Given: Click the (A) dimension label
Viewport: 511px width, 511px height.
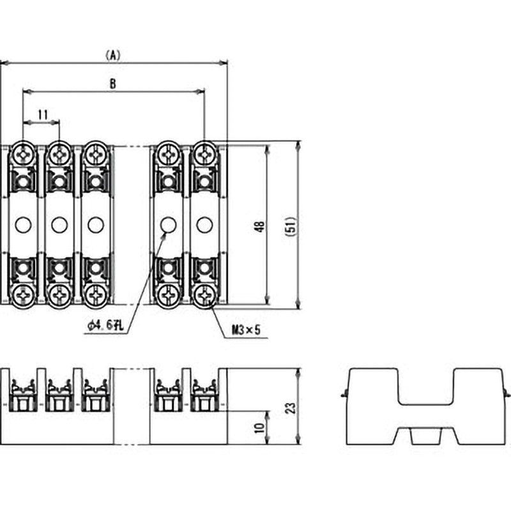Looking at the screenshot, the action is tap(113, 56).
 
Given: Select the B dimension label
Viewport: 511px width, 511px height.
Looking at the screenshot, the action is tap(113, 84).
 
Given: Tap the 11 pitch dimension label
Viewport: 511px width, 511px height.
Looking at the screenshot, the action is tap(43, 115).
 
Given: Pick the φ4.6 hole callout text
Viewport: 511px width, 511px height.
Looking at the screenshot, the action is tap(106, 325).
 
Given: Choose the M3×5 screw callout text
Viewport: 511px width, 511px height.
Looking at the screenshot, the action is tap(246, 330).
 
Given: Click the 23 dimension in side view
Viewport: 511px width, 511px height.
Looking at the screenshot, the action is tap(291, 408).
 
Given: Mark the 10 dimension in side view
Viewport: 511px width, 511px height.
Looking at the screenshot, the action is tap(260, 427).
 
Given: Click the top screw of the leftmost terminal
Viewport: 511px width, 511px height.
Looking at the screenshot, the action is tap(23, 154).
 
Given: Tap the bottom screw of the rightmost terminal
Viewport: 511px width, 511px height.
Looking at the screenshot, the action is tap(204, 296).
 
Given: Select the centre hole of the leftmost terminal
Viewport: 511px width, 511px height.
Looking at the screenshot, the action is tap(23, 225).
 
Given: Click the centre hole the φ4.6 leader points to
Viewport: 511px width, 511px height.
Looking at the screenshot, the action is tap(168, 225).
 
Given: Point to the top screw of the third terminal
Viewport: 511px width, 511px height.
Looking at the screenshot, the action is tap(95, 154).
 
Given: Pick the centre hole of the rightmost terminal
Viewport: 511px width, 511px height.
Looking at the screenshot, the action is tap(204, 225).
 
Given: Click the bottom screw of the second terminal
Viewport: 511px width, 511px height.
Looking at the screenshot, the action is tap(59, 296).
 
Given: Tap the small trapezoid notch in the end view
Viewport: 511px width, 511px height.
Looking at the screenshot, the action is tap(425, 437).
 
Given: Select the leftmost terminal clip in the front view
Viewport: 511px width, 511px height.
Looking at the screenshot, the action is tap(23, 395).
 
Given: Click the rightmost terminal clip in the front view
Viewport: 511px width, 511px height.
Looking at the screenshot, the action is tap(204, 395).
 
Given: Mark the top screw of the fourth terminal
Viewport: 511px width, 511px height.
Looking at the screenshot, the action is tap(168, 154).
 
